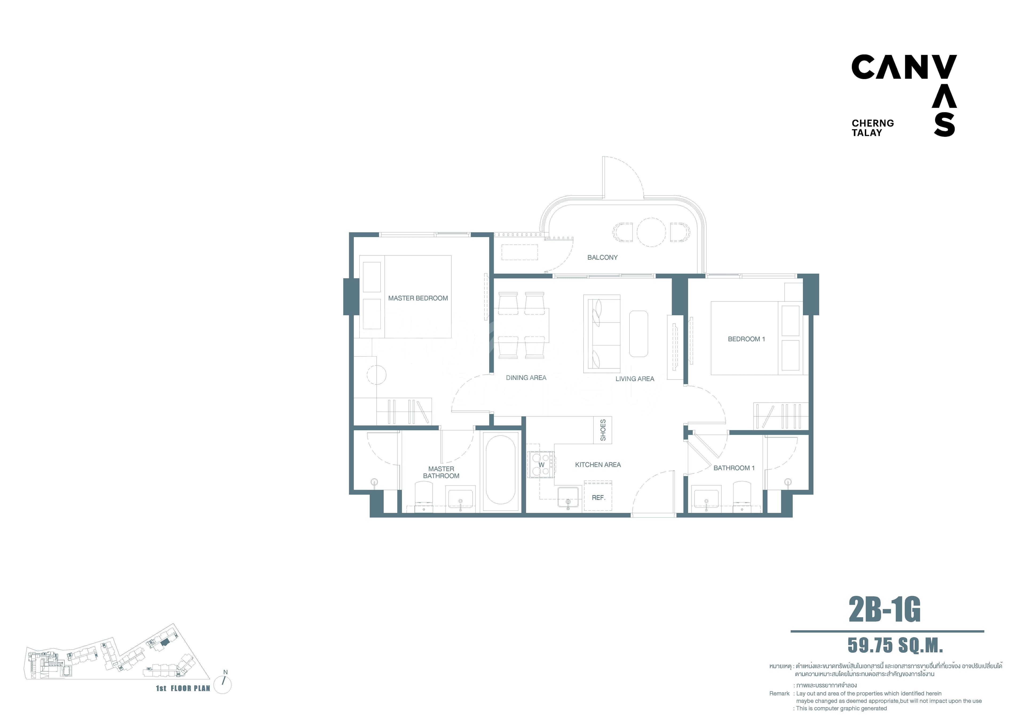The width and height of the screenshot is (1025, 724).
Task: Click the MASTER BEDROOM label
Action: click(x=418, y=298)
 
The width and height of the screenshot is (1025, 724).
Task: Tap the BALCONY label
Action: click(x=602, y=258)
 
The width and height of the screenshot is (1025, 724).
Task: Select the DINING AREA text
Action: click(x=526, y=378)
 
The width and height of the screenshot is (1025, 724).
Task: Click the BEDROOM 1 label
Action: click(x=746, y=339)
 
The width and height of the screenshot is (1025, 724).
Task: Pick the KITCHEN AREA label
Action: click(x=598, y=465)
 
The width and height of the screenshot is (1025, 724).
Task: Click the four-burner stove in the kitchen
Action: click(x=541, y=465)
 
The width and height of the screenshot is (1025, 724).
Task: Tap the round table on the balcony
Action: click(x=651, y=232)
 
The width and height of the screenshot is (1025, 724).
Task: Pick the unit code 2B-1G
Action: click(x=884, y=610)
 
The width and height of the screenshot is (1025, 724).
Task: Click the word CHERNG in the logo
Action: click(x=873, y=123)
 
